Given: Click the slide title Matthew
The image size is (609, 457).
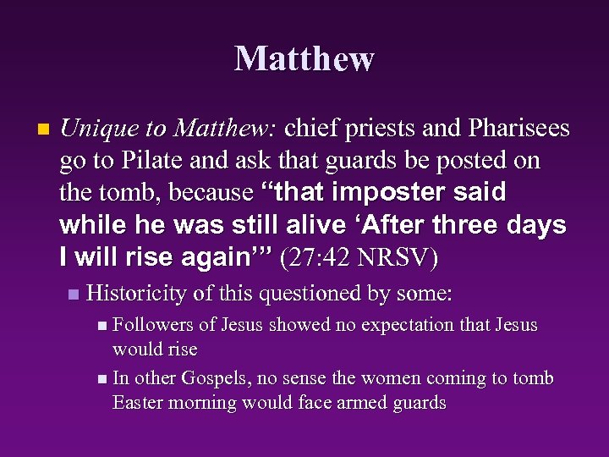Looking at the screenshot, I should pos(304,58).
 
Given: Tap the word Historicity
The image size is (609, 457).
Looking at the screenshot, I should pos(135,294).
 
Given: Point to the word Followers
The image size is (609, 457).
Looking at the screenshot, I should pos(152,325).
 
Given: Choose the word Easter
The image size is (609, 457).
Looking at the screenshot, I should pos(141,402).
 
